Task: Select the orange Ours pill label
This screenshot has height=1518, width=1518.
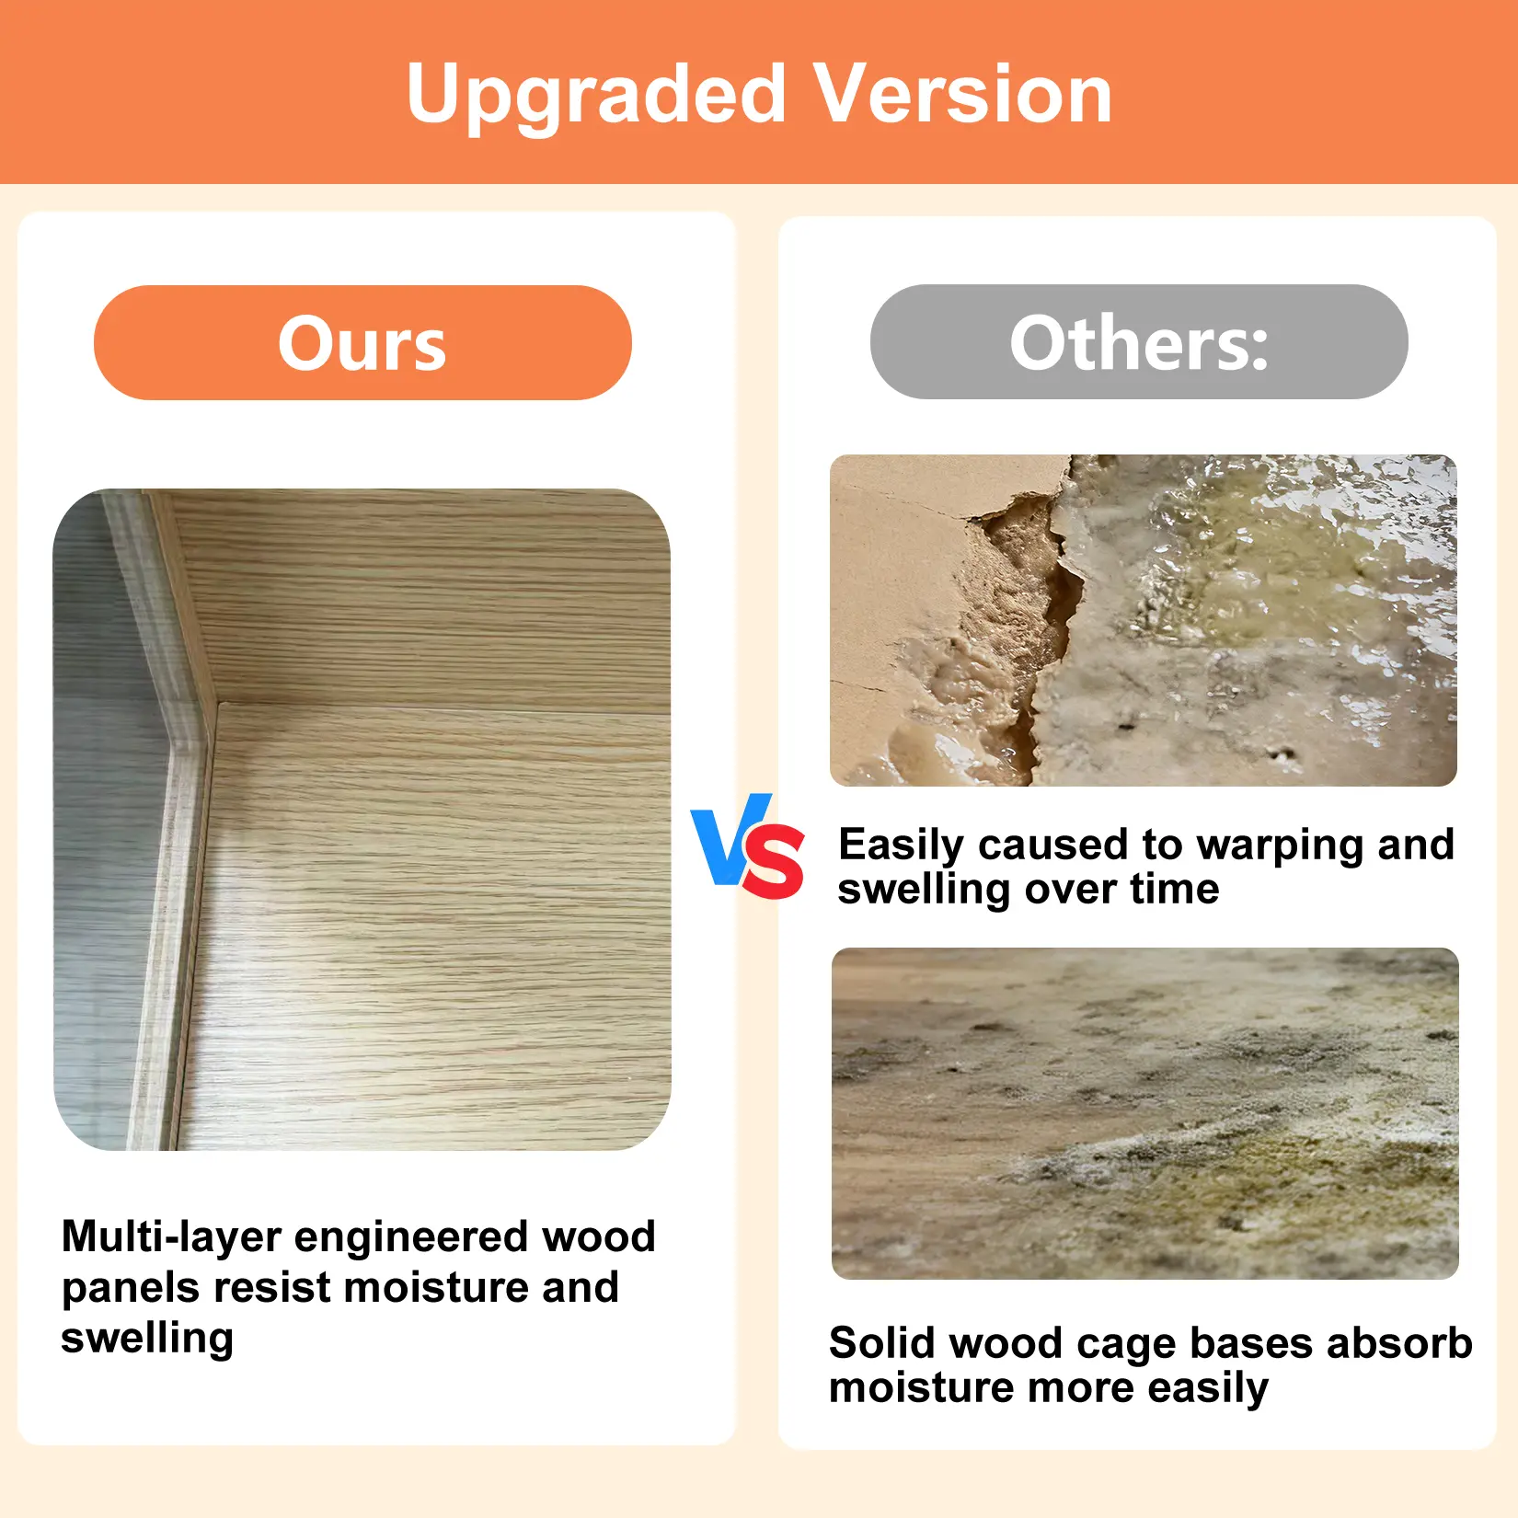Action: [362, 342]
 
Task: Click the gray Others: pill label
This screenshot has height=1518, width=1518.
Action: [1139, 341]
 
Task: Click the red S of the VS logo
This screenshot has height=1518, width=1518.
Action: [774, 861]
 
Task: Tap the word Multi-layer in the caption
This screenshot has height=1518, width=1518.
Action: [171, 1236]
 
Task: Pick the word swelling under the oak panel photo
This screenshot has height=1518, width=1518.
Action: [147, 1340]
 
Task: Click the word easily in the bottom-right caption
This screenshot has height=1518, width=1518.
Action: [1209, 1388]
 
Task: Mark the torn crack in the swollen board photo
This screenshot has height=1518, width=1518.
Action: [1030, 626]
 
